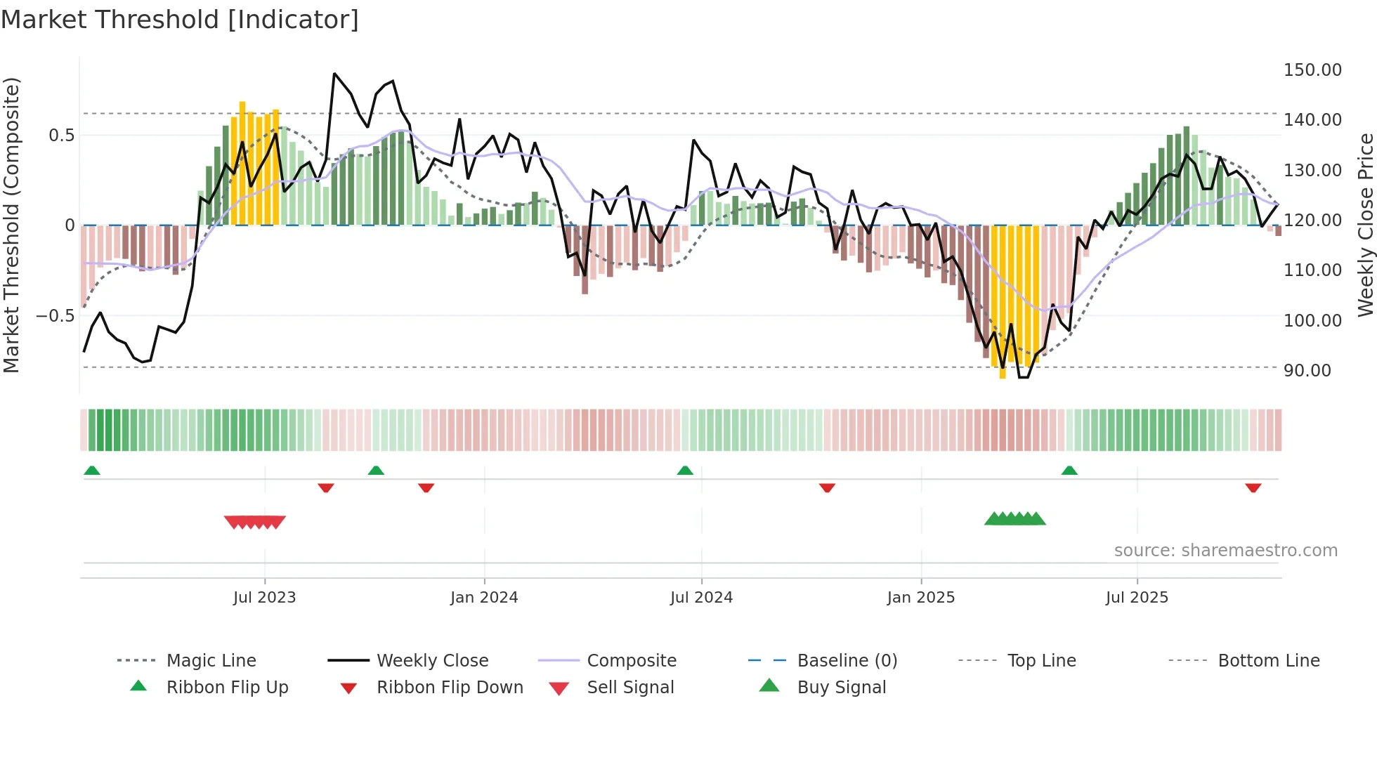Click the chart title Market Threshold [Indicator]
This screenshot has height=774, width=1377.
pyautogui.click(x=180, y=20)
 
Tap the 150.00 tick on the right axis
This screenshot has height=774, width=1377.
pyautogui.click(x=1312, y=70)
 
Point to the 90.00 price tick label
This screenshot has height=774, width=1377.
pyautogui.click(x=1307, y=371)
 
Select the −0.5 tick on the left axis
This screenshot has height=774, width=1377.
pyautogui.click(x=55, y=316)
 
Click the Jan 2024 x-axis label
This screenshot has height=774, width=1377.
pyautogui.click(x=483, y=598)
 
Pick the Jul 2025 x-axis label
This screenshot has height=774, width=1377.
pyautogui.click(x=1136, y=598)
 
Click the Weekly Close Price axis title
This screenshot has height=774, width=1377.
pyautogui.click(x=1364, y=225)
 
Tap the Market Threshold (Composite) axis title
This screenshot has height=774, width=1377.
pyautogui.click(x=11, y=225)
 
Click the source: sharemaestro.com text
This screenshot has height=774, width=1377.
pyautogui.click(x=1225, y=551)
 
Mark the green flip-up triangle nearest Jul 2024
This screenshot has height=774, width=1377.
pyautogui.click(x=685, y=471)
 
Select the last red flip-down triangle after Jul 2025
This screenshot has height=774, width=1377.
pyautogui.click(x=1253, y=487)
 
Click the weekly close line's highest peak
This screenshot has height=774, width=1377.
pyautogui.click(x=334, y=74)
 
